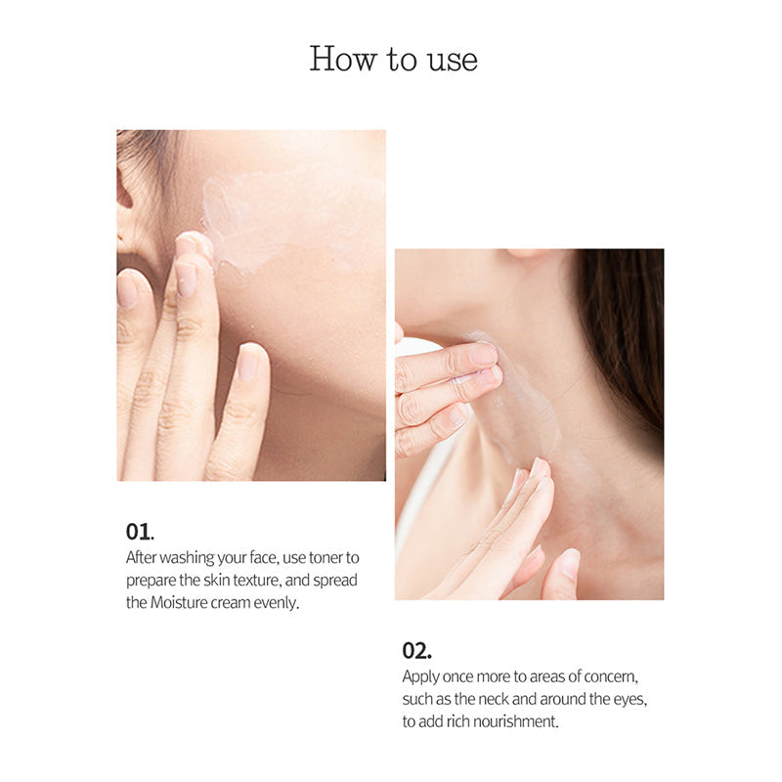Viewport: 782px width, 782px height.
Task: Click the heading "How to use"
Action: pos(393,59)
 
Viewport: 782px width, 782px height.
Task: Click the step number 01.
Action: pos(140,532)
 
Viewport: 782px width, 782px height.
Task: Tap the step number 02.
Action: pos(416,650)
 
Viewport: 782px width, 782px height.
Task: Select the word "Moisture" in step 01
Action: pos(178,603)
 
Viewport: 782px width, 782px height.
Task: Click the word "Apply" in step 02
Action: pos(420,676)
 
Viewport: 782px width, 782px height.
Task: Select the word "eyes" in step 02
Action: pos(626,699)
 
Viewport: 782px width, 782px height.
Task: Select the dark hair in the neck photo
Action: pos(626,323)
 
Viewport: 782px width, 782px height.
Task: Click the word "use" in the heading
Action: pos(453,60)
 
